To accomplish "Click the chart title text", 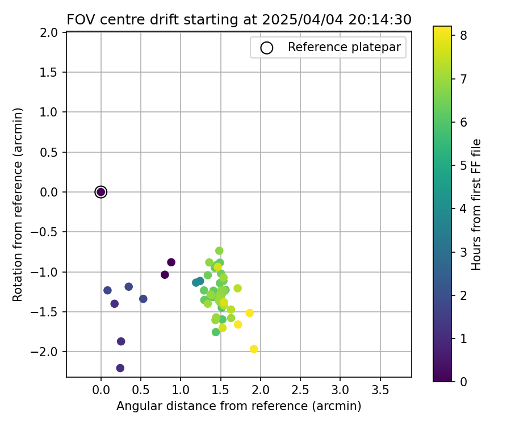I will (x=239, y=20).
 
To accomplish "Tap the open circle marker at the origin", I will (x=101, y=192).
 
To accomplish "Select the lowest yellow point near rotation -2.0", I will (x=254, y=349).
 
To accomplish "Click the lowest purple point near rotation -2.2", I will (x=120, y=368).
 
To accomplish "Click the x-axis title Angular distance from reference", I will (x=239, y=406).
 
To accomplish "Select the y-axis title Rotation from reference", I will (x=19, y=204).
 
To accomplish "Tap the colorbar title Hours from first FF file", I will (x=477, y=204).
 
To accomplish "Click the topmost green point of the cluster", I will (x=219, y=250).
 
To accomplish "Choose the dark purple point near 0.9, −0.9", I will (x=171, y=262).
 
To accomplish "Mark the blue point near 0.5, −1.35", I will (x=143, y=299).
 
